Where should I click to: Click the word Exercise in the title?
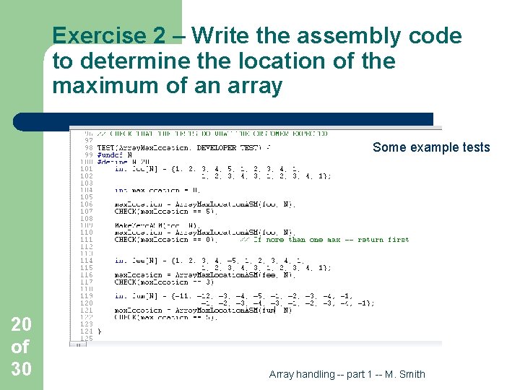pyautogui.click(x=97, y=36)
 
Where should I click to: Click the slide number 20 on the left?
pyautogui.click(x=21, y=324)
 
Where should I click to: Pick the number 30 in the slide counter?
pyautogui.click(x=21, y=369)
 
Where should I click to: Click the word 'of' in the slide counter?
pyautogui.click(x=21, y=347)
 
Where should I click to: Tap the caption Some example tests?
pyautogui.click(x=431, y=148)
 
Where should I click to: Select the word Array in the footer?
pyautogui.click(x=283, y=374)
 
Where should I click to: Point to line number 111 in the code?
pyautogui.click(x=87, y=240)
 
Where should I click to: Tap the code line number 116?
pyautogui.click(x=87, y=274)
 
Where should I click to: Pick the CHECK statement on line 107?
pyautogui.click(x=166, y=212)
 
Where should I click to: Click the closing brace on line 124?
pyautogui.click(x=100, y=331)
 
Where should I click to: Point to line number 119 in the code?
pyautogui.click(x=87, y=296)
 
